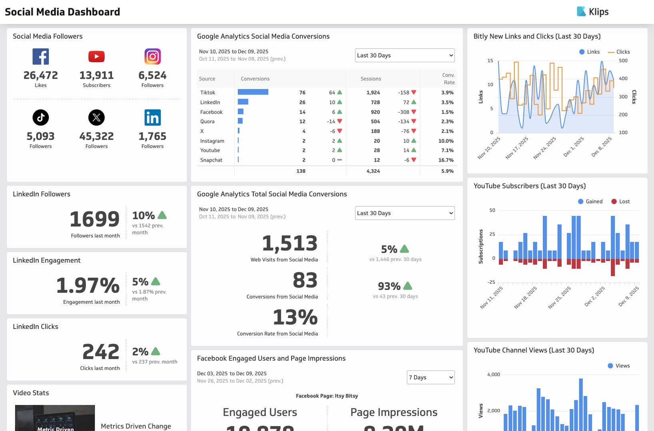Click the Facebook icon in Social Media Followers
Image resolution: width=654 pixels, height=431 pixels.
pyautogui.click(x=40, y=57)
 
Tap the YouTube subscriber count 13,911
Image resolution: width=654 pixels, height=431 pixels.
pyautogui.click(x=96, y=75)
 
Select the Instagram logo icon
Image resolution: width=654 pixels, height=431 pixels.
pyautogui.click(x=152, y=57)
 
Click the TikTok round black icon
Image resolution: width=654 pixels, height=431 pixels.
pyautogui.click(x=40, y=117)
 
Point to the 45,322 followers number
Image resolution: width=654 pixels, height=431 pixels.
pyautogui.click(x=96, y=136)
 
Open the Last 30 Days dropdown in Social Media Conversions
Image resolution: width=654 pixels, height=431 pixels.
pyautogui.click(x=405, y=55)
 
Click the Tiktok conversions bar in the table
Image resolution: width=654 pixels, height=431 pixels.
pyautogui.click(x=253, y=92)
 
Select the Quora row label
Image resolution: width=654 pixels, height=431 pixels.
pyautogui.click(x=207, y=121)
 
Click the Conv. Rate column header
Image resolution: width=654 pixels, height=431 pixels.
pyautogui.click(x=448, y=79)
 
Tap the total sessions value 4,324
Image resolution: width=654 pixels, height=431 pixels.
pyautogui.click(x=373, y=171)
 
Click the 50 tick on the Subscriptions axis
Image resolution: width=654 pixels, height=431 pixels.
pyautogui.click(x=492, y=210)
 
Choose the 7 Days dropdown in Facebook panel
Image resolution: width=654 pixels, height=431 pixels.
pyautogui.click(x=431, y=377)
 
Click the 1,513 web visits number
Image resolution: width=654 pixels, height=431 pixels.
pyautogui.click(x=289, y=243)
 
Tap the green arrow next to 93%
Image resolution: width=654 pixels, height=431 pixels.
pyautogui.click(x=408, y=286)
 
